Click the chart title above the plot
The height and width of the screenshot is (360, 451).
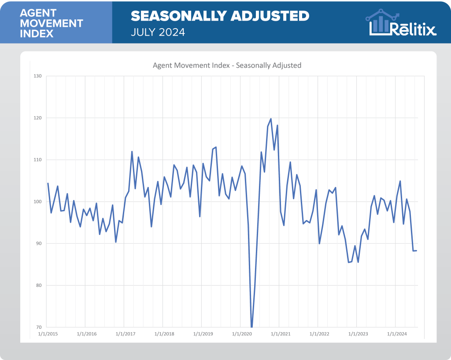227,65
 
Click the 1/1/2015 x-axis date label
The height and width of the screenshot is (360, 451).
48,334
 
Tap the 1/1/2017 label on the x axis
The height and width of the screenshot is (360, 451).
126,334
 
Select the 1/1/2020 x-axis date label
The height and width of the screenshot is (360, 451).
242,334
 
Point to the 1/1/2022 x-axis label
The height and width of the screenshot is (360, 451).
319,334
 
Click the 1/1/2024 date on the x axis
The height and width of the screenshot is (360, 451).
396,334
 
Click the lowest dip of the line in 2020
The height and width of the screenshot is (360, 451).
251,327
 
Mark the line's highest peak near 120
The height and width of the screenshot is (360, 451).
271,119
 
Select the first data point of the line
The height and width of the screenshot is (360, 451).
48,183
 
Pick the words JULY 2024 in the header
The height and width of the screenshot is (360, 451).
158,33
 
